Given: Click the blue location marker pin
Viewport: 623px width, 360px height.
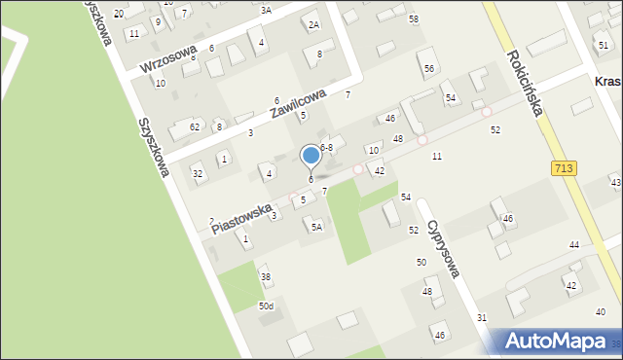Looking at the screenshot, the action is tap(311, 156).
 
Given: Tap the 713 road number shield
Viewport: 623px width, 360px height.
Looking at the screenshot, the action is tap(566, 168).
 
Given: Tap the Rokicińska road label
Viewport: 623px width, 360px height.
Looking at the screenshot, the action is tap(523, 84).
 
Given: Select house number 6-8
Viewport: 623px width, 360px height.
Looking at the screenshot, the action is tap(327, 148).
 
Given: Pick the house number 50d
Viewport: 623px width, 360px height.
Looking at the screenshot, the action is tap(266, 306).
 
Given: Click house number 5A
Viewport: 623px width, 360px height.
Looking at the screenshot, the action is tap(315, 227).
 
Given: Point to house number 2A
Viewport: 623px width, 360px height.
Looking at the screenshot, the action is tap(312, 25).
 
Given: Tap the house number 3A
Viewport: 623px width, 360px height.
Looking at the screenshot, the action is tap(266, 10).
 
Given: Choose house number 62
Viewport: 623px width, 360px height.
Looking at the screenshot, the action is tap(195, 126).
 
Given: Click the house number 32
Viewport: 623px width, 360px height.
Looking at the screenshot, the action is tap(198, 174).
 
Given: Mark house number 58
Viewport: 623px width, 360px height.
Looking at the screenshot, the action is tap(414, 19).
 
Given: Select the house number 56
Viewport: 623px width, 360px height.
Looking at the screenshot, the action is tap(428, 68).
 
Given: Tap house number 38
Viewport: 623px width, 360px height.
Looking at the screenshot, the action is tap(265, 277).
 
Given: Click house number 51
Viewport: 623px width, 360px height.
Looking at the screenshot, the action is tap(604, 46).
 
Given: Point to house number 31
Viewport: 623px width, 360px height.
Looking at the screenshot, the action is tap(481, 318).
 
